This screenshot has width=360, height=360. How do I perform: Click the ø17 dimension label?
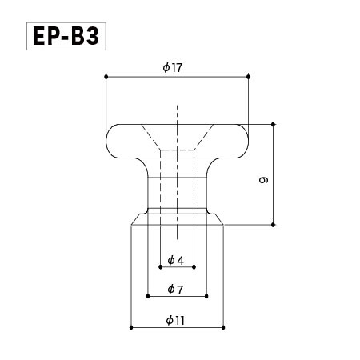click(173, 68)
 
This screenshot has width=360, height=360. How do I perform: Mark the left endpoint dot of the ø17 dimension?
click(106, 77)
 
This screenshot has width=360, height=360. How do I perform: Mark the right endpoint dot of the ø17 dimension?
click(250, 77)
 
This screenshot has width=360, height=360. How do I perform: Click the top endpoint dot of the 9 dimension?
click(274, 124)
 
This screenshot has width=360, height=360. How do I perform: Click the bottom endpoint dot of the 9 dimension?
click(274, 224)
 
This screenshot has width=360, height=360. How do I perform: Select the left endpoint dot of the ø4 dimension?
click(161, 268)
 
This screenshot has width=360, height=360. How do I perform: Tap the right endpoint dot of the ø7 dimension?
click(207, 296)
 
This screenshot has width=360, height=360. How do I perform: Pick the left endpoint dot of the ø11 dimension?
click(131, 327)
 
